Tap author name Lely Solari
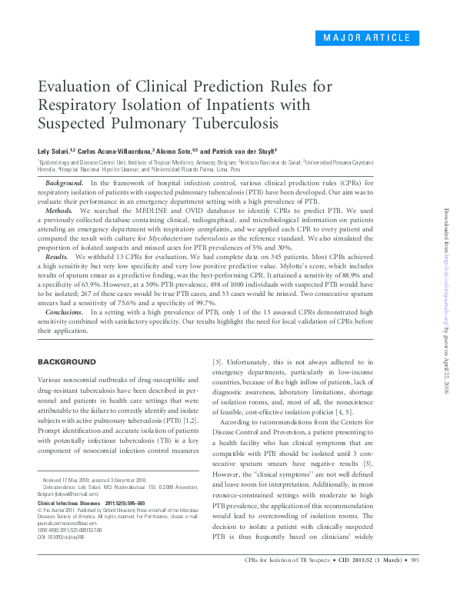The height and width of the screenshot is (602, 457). pos(57,151)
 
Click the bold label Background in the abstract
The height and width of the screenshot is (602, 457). pos(65,183)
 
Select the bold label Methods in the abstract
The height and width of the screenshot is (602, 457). pos(59,210)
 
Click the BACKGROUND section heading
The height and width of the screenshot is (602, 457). pos(67,361)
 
